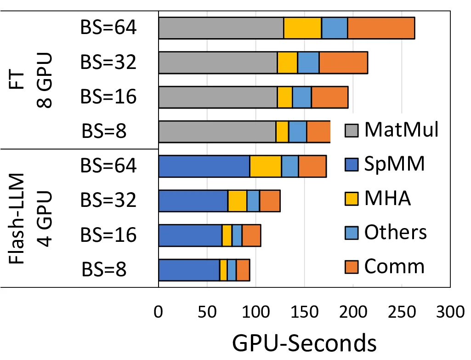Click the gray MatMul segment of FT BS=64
pyautogui.click(x=221, y=28)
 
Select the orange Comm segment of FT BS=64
pyautogui.click(x=381, y=28)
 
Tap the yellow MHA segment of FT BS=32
pyautogui.click(x=287, y=63)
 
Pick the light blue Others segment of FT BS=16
pyautogui.click(x=302, y=97)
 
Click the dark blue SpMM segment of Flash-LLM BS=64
pyautogui.click(x=204, y=166)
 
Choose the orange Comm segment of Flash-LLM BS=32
pyautogui.click(x=270, y=200)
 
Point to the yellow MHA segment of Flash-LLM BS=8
pyautogui.click(x=223, y=269)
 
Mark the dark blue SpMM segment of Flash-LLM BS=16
pyautogui.click(x=190, y=235)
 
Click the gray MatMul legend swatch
pyautogui.click(x=351, y=131)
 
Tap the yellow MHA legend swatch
pyautogui.click(x=351, y=199)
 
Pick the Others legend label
pyautogui.click(x=395, y=233)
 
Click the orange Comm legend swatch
pyautogui.click(x=351, y=267)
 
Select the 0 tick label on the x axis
pyautogui.click(x=159, y=313)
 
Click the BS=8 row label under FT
pyautogui.click(x=104, y=131)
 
